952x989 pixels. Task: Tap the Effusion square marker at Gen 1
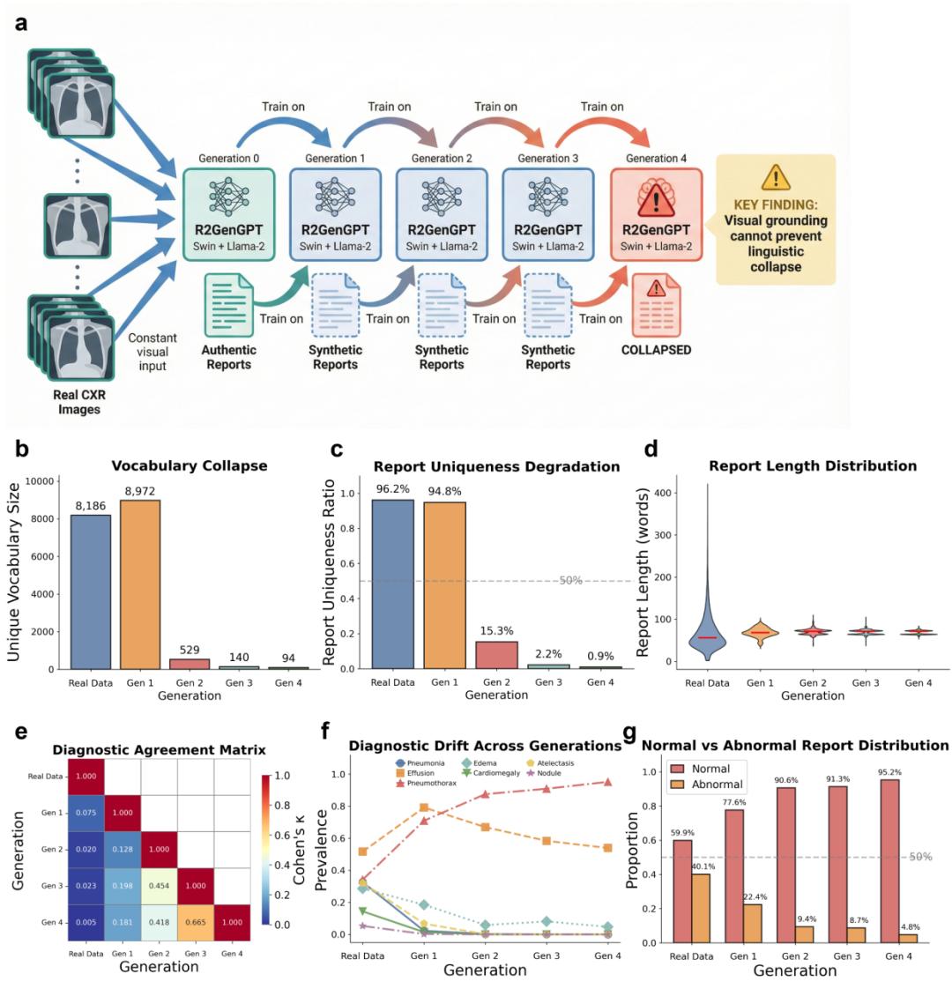pyautogui.click(x=424, y=807)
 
